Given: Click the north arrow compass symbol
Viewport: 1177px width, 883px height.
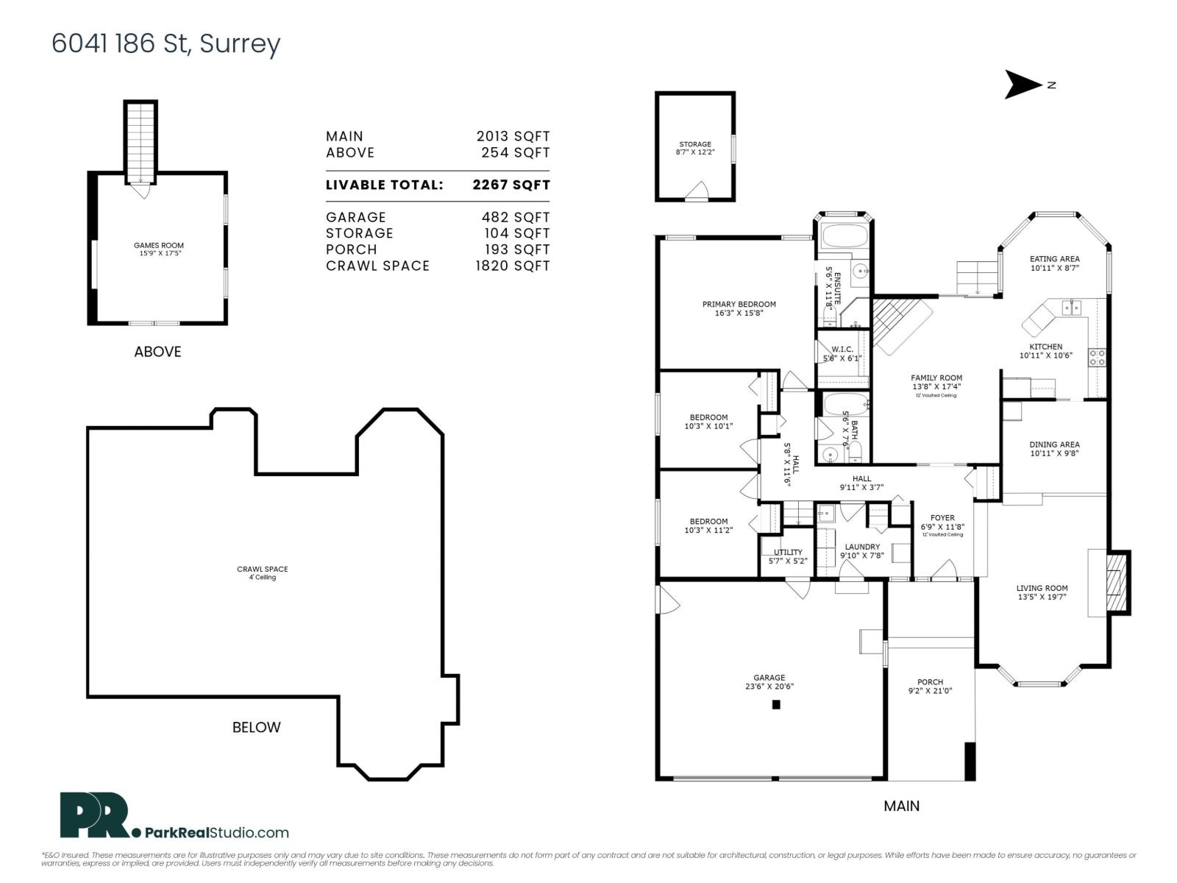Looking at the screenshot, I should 1023,85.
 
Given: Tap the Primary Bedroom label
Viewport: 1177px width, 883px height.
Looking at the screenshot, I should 739,304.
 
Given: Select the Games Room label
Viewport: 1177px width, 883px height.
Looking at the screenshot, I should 158,246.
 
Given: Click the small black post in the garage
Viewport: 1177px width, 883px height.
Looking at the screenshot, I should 775,704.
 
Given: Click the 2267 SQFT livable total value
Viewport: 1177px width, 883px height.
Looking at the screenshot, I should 511,185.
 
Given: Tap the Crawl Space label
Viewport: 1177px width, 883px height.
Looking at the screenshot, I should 262,569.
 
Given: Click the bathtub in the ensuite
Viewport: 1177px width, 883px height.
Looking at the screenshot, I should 844,236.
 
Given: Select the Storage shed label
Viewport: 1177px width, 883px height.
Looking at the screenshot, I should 694,144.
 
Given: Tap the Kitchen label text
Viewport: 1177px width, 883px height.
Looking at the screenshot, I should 1045,347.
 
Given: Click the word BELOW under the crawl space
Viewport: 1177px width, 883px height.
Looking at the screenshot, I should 256,727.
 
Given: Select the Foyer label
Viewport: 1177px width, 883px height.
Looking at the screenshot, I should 942,518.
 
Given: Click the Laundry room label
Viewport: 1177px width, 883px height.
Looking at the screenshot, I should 861,547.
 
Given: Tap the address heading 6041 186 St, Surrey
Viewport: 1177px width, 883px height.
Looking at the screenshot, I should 166,43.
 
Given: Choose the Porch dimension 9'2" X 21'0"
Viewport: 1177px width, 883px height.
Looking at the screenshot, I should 930,691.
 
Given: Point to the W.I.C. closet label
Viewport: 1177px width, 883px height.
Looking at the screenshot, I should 842,349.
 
